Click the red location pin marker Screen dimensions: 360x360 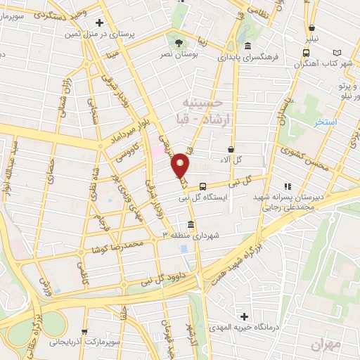tap(181, 165)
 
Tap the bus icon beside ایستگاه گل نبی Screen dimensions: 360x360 tap(202, 187)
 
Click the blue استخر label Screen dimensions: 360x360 tap(327, 122)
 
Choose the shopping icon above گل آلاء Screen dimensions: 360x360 tap(231, 149)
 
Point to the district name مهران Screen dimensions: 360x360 tap(324, 345)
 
